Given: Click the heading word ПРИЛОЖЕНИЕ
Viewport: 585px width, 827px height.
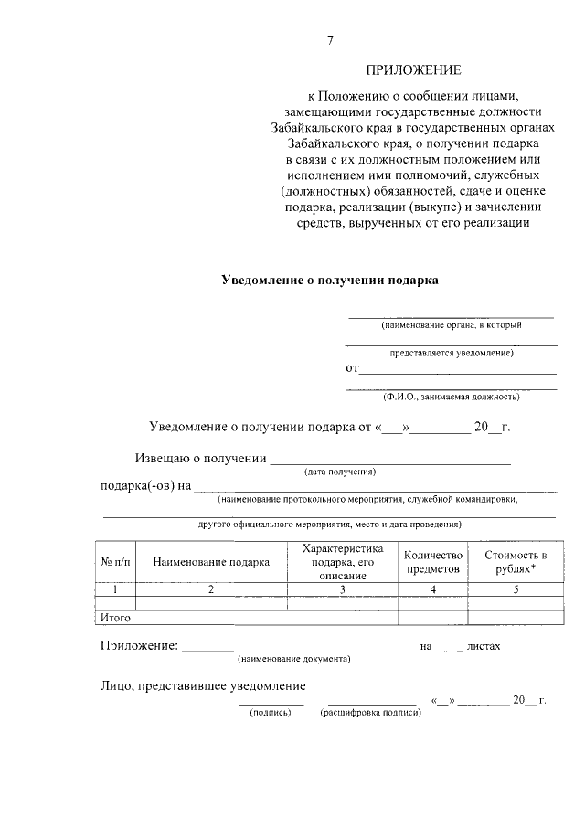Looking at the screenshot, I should (x=414, y=69).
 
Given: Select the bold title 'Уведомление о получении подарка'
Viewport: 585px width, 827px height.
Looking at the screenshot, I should (x=330, y=281).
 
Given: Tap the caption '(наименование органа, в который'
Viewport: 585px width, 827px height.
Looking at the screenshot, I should (x=452, y=324).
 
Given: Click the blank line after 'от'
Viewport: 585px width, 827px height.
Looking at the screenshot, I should (x=457, y=370).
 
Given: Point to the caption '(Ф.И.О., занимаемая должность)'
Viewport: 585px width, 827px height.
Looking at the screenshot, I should (x=452, y=397).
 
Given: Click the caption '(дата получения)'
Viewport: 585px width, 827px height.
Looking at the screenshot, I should (x=340, y=472).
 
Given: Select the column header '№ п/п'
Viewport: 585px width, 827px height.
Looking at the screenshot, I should (x=115, y=562).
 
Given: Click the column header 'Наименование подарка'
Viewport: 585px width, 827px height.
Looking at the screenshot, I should (x=211, y=562).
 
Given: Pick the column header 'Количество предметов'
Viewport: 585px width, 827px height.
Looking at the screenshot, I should (x=433, y=561).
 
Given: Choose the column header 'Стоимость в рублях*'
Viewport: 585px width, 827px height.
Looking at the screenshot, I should (x=516, y=561).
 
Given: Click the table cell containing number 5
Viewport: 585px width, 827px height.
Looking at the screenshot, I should (x=516, y=589).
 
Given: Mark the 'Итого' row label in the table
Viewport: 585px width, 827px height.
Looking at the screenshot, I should (x=115, y=618).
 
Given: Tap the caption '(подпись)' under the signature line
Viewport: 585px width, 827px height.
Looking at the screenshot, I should (x=270, y=712).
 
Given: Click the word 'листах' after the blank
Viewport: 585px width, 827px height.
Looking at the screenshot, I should (x=484, y=646).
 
